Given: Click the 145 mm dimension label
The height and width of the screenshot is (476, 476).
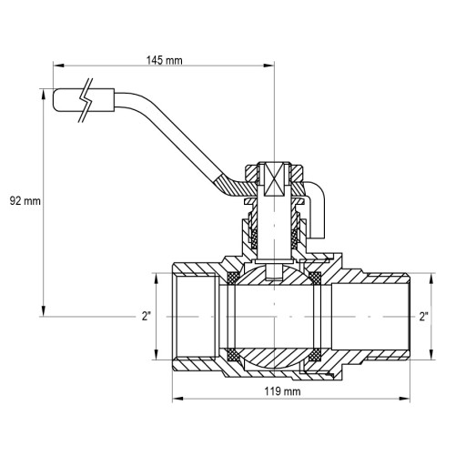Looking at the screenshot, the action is [164, 60].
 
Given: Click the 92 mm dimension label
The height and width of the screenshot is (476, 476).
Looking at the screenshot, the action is [25, 200].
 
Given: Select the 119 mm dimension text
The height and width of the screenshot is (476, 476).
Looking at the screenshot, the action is [282, 391].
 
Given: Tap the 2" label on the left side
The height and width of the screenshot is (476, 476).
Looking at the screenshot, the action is [146, 317].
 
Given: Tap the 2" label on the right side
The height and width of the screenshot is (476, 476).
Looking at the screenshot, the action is [424, 317].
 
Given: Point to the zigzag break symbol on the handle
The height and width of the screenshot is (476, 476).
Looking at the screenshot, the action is [86, 100].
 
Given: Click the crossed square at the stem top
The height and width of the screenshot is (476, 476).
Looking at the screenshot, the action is [274, 178].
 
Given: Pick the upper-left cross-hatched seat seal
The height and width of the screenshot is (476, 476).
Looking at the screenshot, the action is [233, 278].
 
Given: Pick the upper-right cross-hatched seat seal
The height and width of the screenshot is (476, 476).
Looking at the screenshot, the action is [315, 278].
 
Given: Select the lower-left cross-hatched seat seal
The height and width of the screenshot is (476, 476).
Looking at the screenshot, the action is [233, 355].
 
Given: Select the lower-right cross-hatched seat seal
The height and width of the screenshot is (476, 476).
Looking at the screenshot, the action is [315, 355].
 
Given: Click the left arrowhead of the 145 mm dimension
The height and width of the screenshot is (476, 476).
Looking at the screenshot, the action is [58, 66].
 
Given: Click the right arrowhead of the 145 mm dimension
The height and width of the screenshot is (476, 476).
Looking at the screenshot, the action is [269, 66].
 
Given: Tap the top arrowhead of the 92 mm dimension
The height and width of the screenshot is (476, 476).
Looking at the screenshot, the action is [44, 94].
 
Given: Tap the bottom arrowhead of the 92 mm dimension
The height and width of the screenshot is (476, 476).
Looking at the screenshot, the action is [44, 311].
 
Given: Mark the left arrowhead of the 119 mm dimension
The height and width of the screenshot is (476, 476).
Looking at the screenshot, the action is [177, 399].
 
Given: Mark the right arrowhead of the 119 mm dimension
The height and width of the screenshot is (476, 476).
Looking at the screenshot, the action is [404, 399].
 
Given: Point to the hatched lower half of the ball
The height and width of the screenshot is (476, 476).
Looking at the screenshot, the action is [274, 359].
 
